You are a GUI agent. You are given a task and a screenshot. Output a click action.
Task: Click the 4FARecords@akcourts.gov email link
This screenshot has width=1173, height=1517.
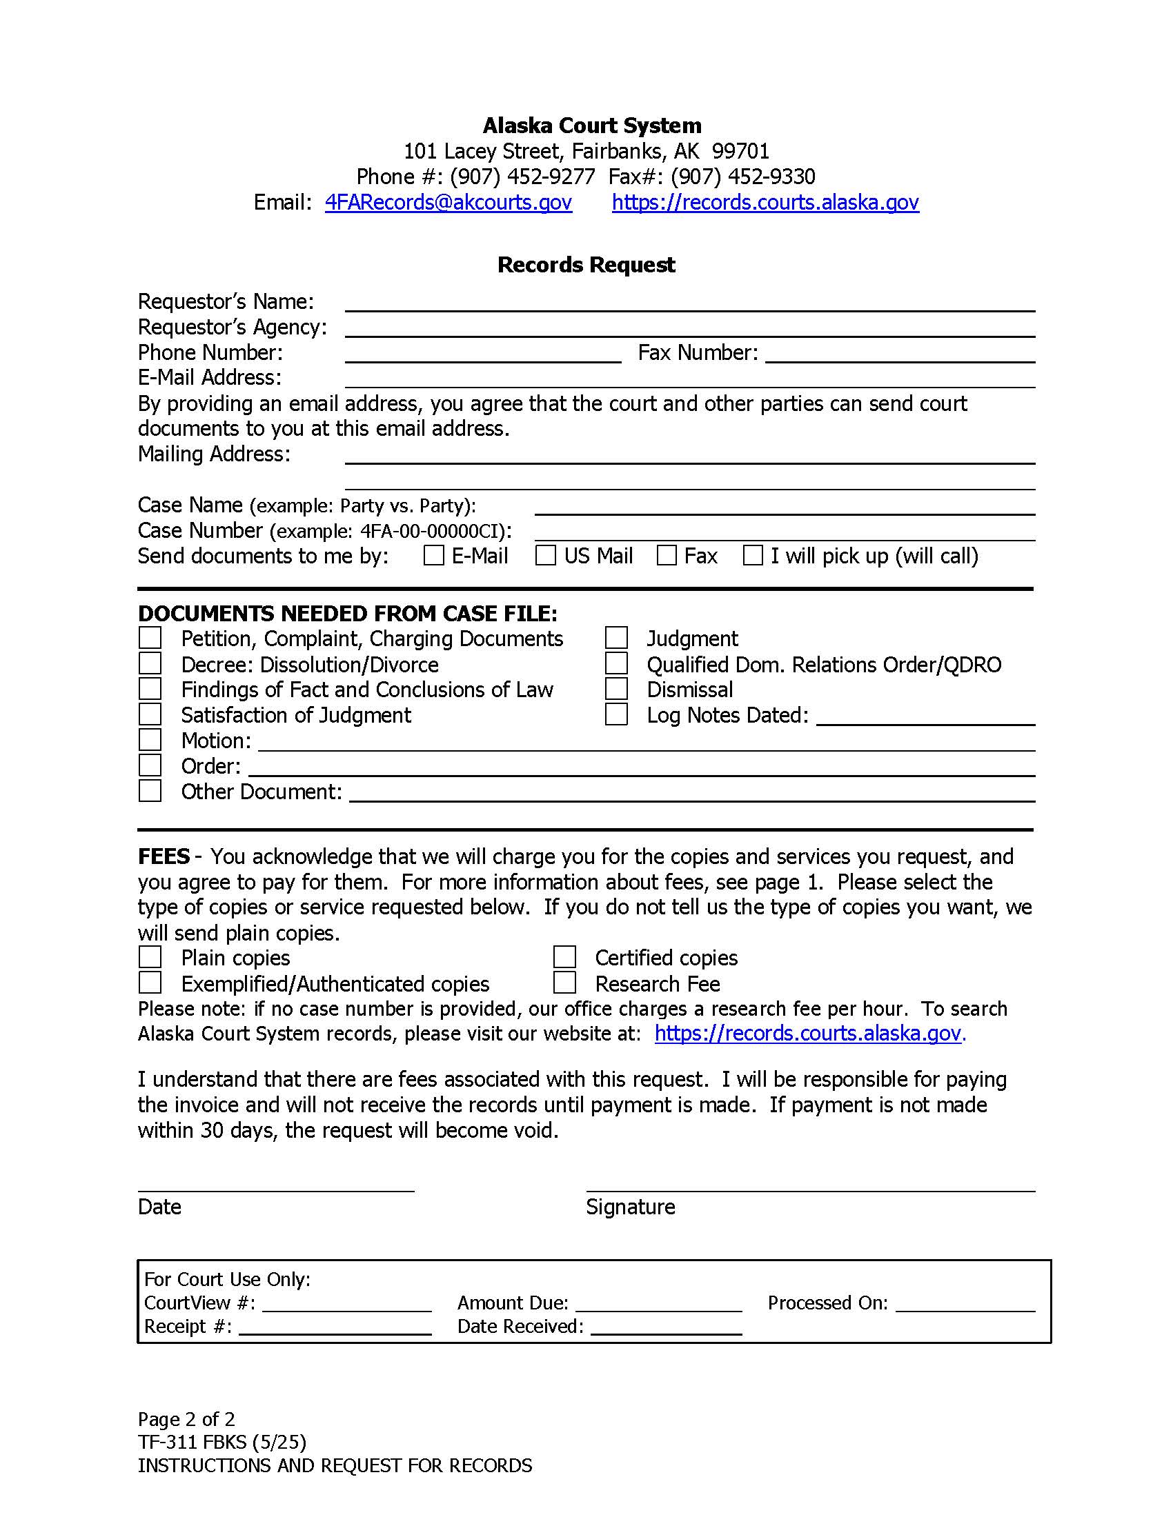click(448, 202)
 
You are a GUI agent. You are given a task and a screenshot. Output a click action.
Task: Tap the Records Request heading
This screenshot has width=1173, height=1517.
click(586, 265)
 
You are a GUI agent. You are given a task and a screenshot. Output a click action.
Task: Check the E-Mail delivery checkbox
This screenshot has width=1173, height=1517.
click(433, 555)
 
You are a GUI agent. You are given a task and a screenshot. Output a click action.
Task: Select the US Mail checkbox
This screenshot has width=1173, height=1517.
click(546, 555)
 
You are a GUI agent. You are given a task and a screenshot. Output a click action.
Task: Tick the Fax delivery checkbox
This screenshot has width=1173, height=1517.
click(667, 555)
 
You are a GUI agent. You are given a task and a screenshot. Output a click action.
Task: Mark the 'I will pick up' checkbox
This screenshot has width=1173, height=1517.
click(753, 555)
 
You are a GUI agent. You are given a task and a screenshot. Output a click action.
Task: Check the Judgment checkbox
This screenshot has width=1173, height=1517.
click(616, 638)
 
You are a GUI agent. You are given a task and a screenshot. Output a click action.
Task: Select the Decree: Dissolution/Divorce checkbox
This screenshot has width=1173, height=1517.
click(150, 663)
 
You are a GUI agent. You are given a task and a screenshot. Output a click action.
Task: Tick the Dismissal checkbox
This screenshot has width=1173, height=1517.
click(616, 689)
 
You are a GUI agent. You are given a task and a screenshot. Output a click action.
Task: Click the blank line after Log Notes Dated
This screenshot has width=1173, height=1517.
click(925, 719)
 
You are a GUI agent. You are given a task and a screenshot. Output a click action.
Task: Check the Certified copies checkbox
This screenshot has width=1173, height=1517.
click(564, 957)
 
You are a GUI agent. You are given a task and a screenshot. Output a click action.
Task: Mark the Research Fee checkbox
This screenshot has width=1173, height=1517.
click(564, 983)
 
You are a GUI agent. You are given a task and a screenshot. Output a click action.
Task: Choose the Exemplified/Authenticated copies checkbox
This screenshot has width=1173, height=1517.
click(150, 983)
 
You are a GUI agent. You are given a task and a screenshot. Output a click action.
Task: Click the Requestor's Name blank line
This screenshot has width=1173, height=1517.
click(689, 303)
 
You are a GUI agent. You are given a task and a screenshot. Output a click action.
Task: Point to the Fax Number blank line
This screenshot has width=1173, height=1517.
click(900, 355)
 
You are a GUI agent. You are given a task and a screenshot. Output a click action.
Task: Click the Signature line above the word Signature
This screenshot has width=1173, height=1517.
click(810, 1185)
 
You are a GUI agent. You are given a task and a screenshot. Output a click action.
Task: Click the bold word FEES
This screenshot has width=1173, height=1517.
click(164, 856)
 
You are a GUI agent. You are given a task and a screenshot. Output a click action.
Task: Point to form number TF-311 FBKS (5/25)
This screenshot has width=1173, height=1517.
click(221, 1442)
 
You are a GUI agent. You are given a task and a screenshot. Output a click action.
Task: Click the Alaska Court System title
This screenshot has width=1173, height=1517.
click(592, 125)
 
